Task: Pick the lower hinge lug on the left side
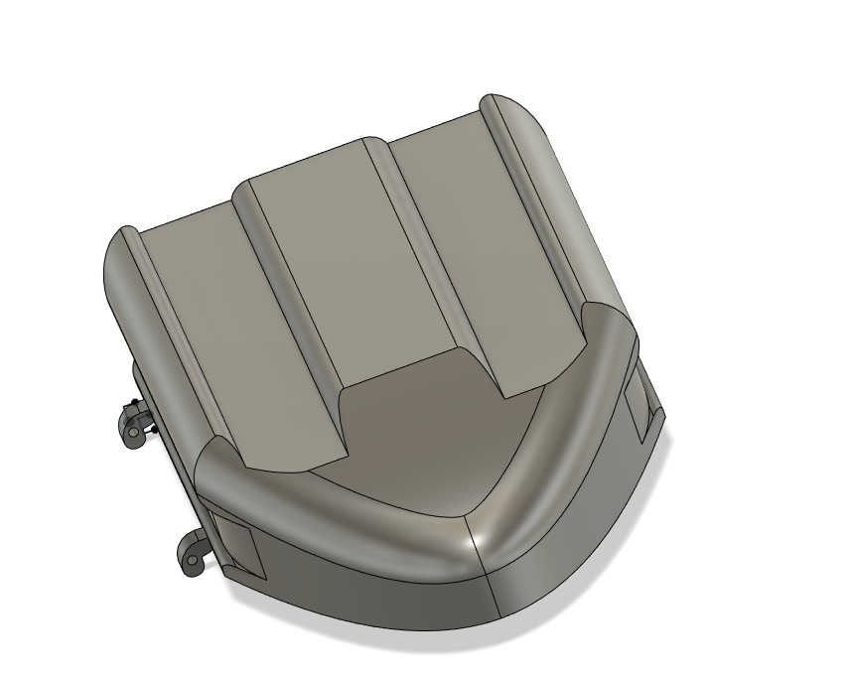point(193,551)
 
